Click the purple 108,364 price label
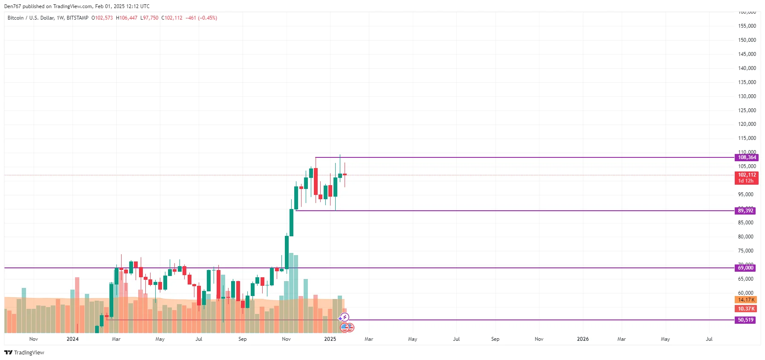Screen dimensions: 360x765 [747, 157]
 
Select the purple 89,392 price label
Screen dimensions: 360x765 [745, 211]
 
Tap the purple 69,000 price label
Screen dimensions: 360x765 [745, 268]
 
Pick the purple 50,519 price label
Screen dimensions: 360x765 [745, 320]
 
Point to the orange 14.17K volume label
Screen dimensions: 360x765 [746, 300]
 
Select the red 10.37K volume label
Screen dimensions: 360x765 [746, 309]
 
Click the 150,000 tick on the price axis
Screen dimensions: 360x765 [747, 40]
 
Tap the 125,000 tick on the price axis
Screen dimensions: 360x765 [747, 110]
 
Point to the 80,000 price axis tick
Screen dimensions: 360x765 [745, 237]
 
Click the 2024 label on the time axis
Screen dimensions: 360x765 [72, 339]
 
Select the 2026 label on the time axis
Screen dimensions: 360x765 [582, 339]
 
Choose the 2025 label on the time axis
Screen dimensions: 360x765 [330, 339]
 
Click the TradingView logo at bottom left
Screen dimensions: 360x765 [24, 352]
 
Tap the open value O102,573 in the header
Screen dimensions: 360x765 [102, 18]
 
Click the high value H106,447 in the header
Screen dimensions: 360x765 [127, 18]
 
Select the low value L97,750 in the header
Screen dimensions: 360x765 [149, 18]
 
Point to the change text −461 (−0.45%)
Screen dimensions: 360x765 [201, 18]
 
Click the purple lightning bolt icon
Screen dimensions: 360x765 [345, 317]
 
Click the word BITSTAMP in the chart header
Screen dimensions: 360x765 [78, 18]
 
